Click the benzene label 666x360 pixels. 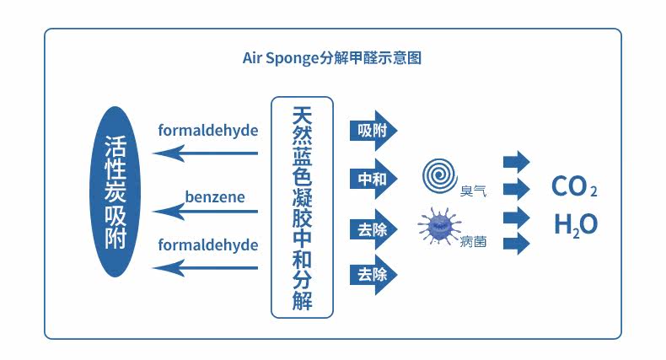click(x=215, y=197)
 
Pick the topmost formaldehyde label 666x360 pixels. click(x=208, y=131)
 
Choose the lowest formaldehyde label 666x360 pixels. click(x=208, y=244)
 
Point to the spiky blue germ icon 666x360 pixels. click(x=439, y=227)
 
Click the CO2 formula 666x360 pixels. click(x=574, y=186)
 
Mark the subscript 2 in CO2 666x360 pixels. click(x=593, y=192)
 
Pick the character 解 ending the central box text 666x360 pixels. click(x=302, y=300)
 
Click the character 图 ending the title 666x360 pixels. click(x=414, y=59)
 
